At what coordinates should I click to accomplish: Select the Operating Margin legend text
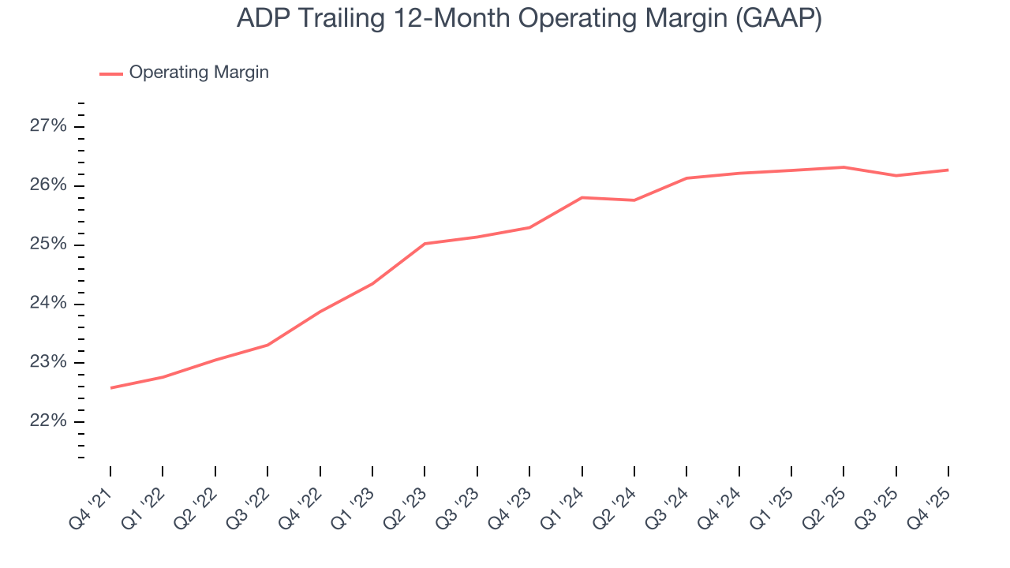point(199,73)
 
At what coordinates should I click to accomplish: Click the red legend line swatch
point(110,73)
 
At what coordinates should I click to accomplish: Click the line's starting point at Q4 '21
point(110,387)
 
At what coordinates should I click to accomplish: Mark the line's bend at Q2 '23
point(425,244)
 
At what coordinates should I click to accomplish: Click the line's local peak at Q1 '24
point(582,197)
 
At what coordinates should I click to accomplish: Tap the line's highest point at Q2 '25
point(844,167)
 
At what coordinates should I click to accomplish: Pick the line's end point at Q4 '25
point(948,170)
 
